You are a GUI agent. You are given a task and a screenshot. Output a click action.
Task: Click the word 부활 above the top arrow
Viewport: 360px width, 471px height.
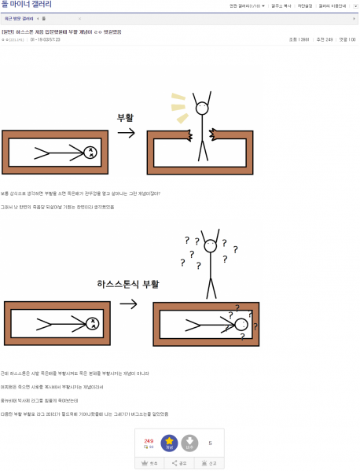tap(126, 117)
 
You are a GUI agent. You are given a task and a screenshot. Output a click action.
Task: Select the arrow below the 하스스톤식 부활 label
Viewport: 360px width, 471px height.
tap(128, 303)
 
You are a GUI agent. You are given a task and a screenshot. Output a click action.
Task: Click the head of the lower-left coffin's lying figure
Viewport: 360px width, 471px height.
tap(92, 322)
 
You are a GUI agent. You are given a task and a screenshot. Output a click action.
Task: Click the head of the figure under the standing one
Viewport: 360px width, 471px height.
tap(241, 324)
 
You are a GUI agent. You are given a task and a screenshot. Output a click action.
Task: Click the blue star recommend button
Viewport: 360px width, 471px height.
tap(169, 443)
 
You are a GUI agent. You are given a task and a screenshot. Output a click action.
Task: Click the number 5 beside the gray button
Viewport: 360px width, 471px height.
tap(210, 443)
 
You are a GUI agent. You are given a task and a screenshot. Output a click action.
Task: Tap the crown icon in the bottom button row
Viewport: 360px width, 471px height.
tap(145, 463)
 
